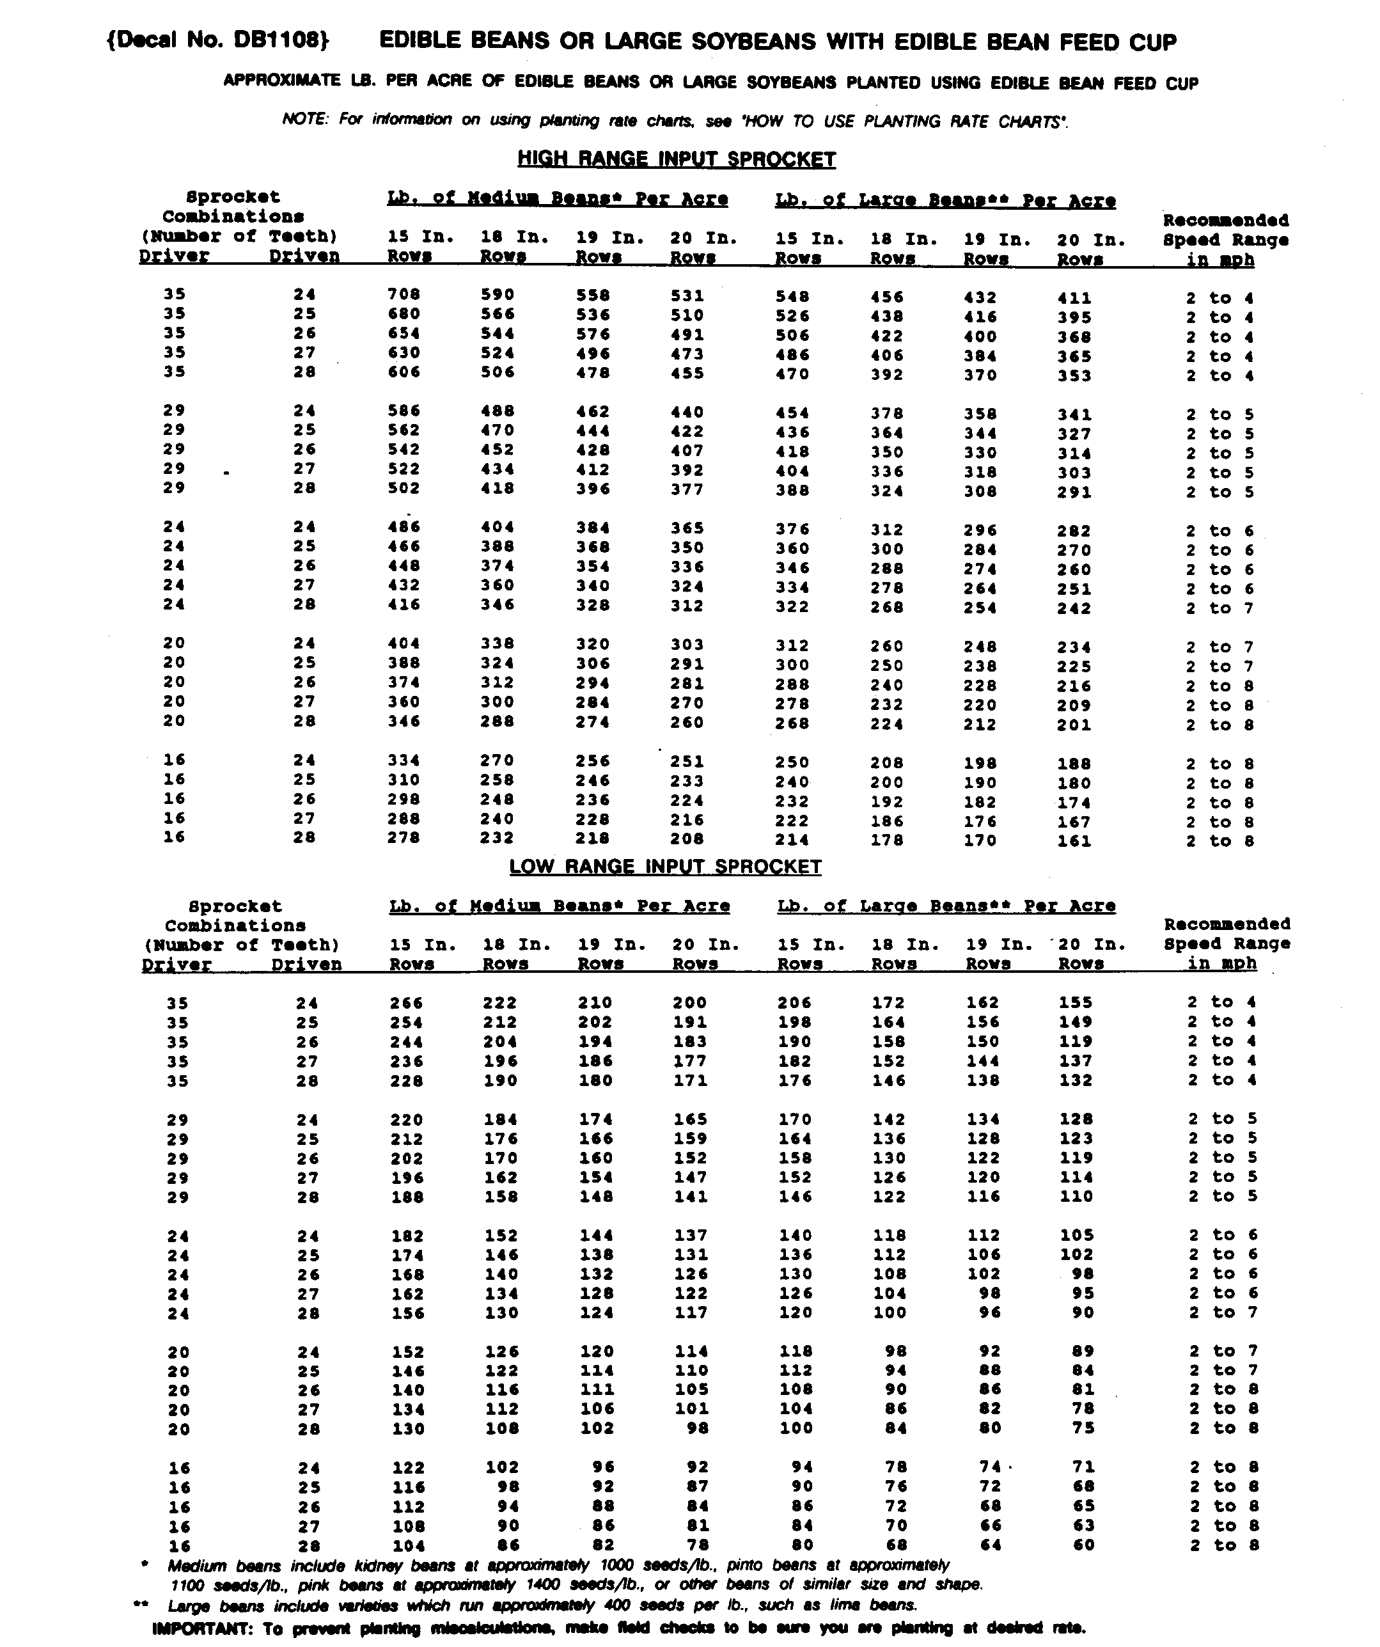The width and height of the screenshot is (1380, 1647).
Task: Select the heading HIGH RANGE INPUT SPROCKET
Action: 676,159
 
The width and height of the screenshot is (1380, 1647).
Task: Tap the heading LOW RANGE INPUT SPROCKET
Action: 665,866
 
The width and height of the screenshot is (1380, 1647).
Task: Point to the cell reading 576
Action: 593,334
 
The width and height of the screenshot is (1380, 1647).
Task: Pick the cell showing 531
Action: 687,296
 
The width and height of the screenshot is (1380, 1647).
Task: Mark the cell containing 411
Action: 1074,298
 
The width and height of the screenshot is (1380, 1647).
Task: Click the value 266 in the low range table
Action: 406,1002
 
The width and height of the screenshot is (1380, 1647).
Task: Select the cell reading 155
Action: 1076,1002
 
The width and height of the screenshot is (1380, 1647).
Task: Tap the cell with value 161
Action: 1074,840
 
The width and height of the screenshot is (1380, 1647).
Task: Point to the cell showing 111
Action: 596,1389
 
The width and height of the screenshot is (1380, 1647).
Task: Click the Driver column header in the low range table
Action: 176,965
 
